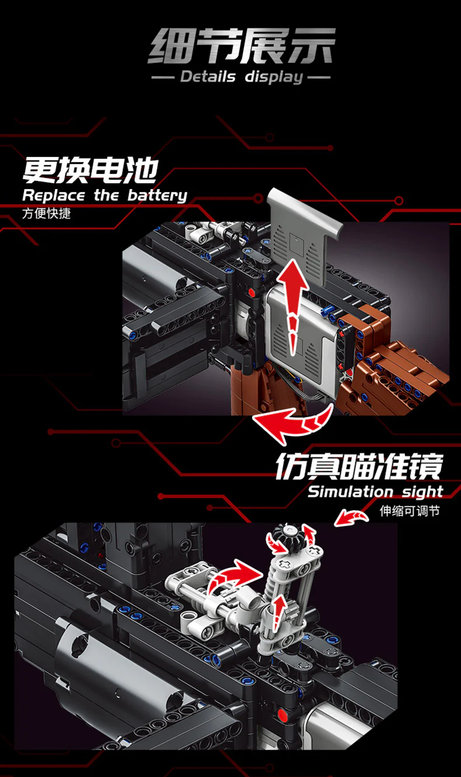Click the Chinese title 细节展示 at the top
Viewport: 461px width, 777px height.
(x=242, y=46)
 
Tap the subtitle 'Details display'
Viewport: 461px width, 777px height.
(x=242, y=77)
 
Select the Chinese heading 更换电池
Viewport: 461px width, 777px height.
(x=90, y=170)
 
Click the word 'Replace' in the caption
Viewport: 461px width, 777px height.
(x=53, y=195)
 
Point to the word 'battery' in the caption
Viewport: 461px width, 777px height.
(x=157, y=195)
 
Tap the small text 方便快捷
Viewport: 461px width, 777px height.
(x=46, y=213)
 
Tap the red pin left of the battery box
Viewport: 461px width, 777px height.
(x=252, y=292)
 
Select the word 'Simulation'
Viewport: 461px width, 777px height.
(x=351, y=492)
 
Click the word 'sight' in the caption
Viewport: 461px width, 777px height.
(x=422, y=492)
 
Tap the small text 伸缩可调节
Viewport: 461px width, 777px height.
(x=409, y=512)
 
